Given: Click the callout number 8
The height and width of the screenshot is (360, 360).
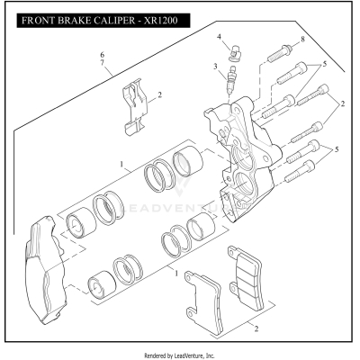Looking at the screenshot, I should (302, 40).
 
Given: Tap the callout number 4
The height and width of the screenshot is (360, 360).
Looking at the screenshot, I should (219, 37).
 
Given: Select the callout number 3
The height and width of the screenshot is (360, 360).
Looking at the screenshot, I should (215, 67).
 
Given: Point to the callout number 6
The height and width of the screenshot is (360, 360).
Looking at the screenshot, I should (102, 56).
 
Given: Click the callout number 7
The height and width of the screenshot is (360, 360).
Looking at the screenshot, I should (102, 66).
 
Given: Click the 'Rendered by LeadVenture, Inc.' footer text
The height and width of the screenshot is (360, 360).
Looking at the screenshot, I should (180, 354).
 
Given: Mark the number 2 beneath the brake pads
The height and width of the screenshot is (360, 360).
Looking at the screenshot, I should (256, 329).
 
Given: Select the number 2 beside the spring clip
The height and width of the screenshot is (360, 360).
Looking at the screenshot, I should (159, 94).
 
